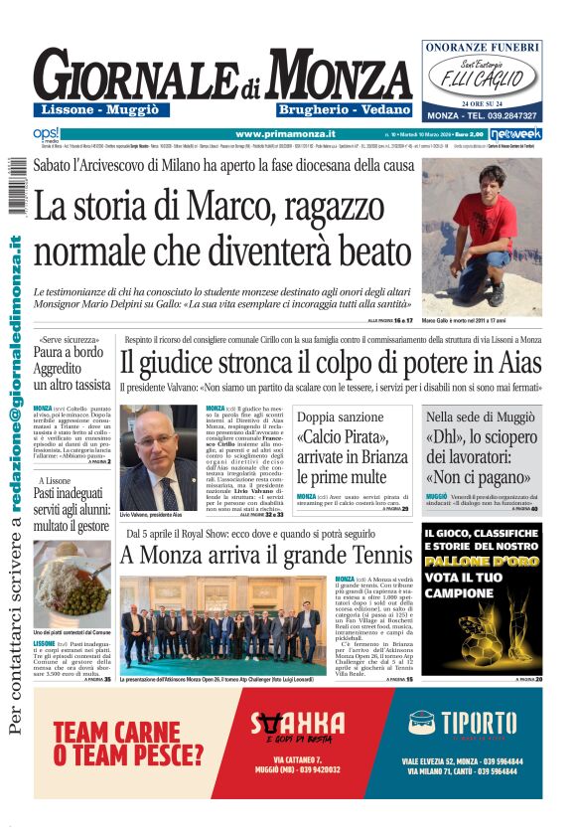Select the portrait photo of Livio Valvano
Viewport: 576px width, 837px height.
point(158,457)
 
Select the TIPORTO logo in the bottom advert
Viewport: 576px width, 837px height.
point(460,724)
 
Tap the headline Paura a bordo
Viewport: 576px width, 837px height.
point(69,350)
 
